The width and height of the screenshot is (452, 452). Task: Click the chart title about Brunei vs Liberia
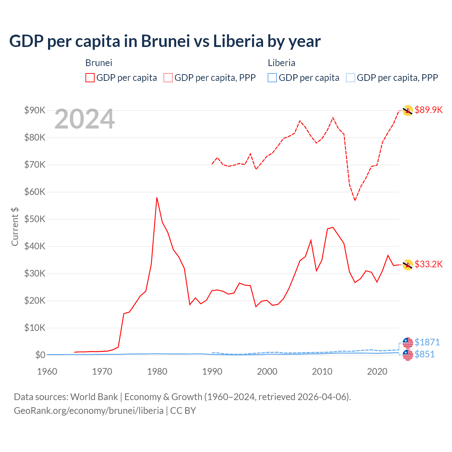[x=165, y=41]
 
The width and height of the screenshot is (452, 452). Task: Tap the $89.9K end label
[x=428, y=110]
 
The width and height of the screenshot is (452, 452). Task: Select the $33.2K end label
[x=428, y=264]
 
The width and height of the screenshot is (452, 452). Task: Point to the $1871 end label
[x=427, y=342]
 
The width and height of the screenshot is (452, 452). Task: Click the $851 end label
[x=424, y=354]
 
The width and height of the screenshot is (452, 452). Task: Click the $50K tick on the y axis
[x=35, y=219]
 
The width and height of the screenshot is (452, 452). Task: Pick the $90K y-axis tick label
[x=35, y=110]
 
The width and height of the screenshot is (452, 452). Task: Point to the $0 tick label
[x=40, y=355]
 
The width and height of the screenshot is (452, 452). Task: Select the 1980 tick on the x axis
[x=157, y=371]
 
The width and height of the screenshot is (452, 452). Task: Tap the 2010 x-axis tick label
[x=322, y=371]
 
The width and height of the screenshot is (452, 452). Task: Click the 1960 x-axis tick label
[x=47, y=371]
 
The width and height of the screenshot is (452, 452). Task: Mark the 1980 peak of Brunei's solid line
[x=157, y=198]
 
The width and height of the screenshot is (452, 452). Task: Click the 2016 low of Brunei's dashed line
[x=355, y=200]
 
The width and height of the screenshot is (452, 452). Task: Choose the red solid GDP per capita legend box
[x=90, y=78]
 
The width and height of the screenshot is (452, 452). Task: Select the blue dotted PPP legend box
[x=350, y=78]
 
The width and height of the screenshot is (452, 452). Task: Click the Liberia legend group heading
[x=281, y=63]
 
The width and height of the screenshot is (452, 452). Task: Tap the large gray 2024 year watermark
[x=84, y=119]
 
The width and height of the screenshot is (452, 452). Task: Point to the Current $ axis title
[x=15, y=227]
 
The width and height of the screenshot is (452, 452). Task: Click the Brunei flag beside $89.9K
[x=408, y=111]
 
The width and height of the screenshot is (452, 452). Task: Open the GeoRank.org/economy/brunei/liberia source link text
[x=88, y=411]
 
